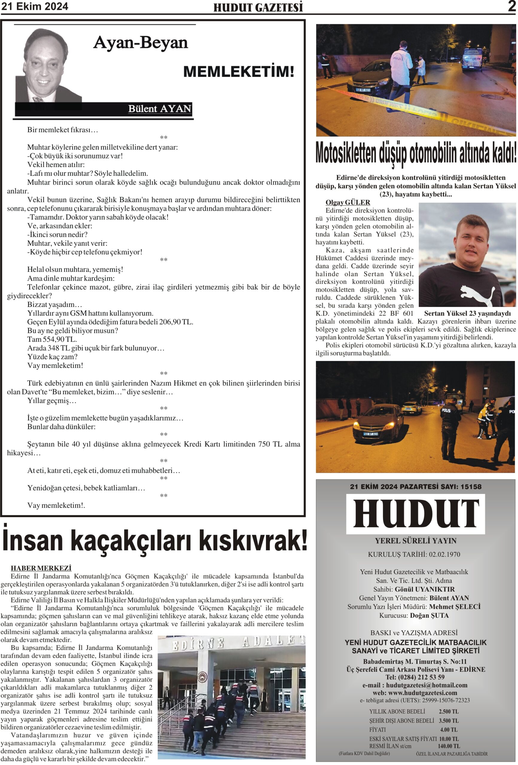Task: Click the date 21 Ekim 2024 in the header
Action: (x=35, y=6)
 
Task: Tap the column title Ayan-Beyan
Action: (x=140, y=43)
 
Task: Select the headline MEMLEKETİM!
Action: (x=238, y=72)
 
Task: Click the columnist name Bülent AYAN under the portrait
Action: (x=159, y=109)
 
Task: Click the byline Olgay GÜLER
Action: (x=347, y=202)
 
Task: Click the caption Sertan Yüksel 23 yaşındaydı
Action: (x=467, y=313)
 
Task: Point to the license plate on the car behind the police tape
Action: (x=363, y=90)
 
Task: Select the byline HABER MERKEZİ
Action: (x=41, y=568)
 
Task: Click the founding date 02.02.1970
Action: (x=444, y=554)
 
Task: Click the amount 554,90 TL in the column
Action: (x=59, y=339)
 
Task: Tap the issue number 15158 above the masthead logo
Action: (x=470, y=486)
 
